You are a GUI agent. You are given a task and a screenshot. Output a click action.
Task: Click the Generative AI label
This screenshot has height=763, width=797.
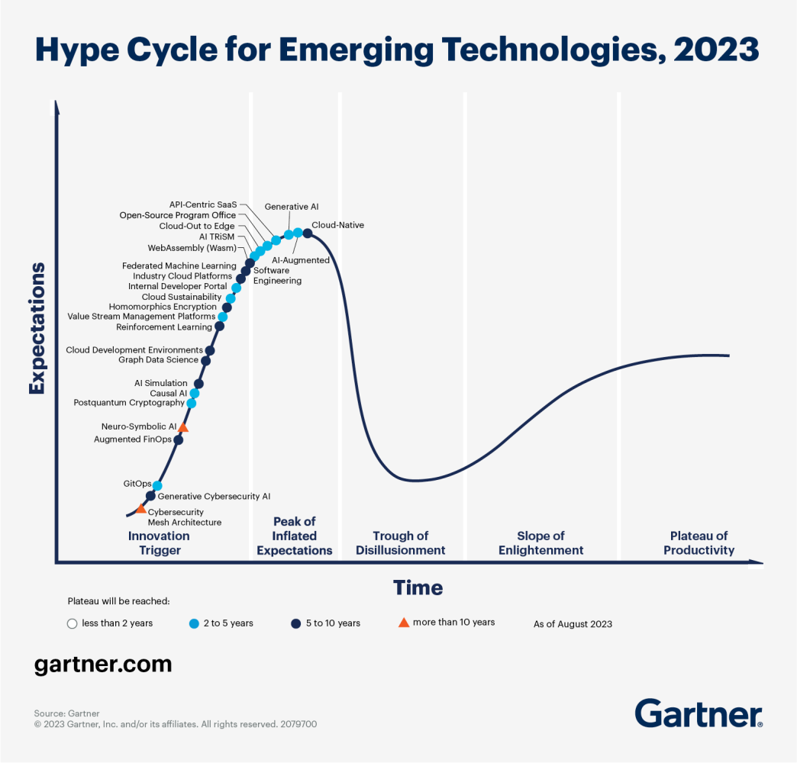292,207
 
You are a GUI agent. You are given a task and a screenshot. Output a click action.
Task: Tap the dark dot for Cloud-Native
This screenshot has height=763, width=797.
307,233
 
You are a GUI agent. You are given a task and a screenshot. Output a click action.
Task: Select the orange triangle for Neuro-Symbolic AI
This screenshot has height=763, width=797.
183,427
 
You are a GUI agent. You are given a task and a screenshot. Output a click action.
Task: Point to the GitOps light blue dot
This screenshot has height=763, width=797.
157,485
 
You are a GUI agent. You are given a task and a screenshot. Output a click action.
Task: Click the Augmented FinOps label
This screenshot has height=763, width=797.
133,439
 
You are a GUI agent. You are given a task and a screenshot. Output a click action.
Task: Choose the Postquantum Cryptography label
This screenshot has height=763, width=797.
129,403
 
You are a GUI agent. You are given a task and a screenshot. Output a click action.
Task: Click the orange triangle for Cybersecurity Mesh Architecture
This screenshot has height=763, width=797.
141,508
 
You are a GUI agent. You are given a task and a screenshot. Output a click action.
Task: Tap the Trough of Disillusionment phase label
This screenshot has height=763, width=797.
400,543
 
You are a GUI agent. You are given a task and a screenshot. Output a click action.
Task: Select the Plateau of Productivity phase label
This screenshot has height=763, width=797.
699,543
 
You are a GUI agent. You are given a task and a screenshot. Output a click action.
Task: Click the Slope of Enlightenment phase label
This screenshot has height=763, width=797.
540,543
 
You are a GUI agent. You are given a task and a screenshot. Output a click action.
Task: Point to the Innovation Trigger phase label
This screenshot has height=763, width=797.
159,543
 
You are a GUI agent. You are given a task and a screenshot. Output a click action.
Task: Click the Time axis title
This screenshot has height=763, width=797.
418,588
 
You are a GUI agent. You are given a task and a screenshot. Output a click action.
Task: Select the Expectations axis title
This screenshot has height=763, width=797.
36,328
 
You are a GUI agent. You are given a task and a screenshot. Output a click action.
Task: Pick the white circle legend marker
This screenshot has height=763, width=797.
73,623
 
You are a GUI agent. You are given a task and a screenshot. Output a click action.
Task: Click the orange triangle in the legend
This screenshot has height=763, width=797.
404,623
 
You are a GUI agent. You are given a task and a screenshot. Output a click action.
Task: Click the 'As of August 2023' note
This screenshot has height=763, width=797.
573,624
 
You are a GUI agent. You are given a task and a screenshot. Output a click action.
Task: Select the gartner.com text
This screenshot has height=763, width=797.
103,664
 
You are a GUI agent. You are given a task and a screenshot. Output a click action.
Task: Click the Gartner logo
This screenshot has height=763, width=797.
699,713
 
